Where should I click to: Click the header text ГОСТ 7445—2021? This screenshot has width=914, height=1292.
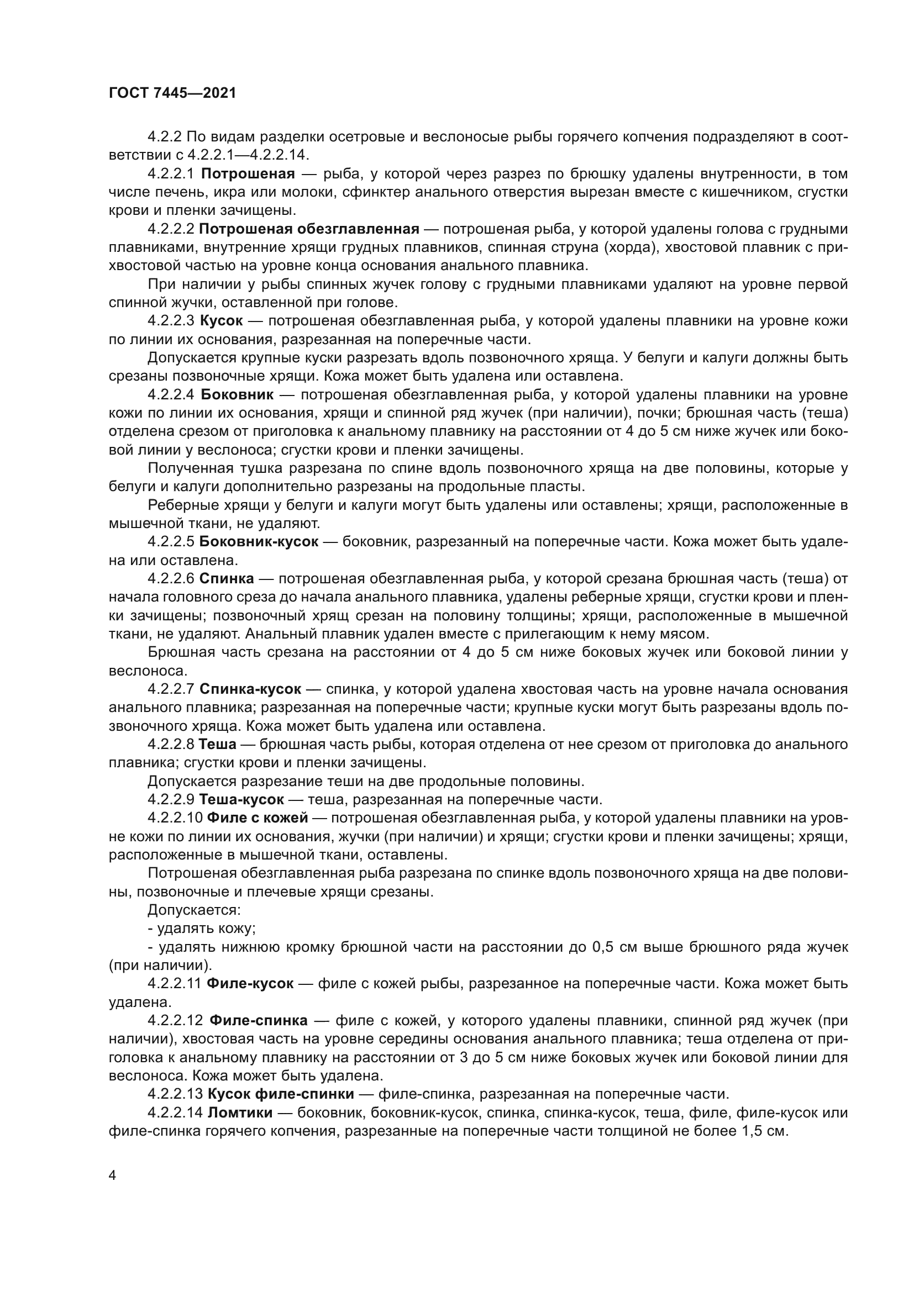(x=172, y=93)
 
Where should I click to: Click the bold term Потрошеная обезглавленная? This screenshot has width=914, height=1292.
(x=309, y=229)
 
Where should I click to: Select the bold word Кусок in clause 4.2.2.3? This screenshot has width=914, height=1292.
(x=221, y=321)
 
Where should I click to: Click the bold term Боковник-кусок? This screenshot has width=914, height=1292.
(x=259, y=542)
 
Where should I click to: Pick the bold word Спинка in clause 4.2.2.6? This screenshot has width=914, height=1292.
(x=227, y=578)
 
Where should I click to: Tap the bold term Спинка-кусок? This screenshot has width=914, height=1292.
(x=250, y=689)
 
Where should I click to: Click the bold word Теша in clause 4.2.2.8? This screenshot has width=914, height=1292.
(x=217, y=745)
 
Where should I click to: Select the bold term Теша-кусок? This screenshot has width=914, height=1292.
(x=242, y=800)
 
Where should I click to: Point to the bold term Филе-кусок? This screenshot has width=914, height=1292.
(x=250, y=984)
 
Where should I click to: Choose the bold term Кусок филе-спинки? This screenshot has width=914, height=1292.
(x=280, y=1094)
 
